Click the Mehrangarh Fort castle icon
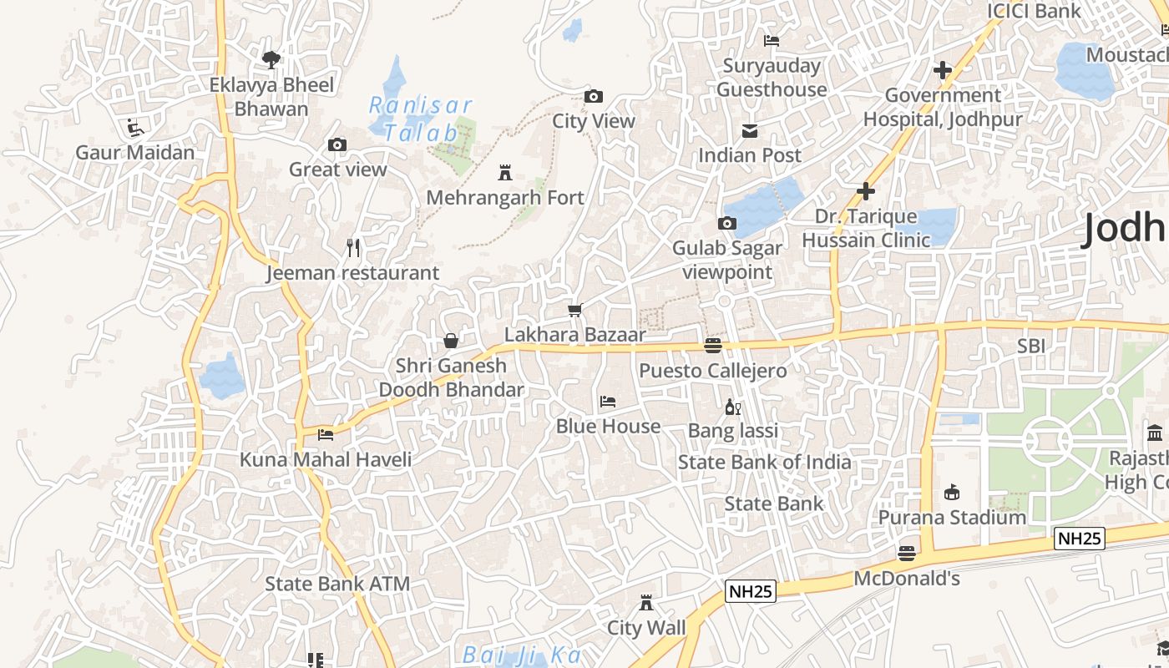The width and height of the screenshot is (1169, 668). [x=504, y=173]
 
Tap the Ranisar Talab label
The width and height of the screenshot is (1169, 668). [x=420, y=119]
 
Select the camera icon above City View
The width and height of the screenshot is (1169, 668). [x=594, y=96]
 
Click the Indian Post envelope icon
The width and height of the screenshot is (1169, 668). [x=749, y=130]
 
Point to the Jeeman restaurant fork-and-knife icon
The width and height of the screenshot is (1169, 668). [x=353, y=248]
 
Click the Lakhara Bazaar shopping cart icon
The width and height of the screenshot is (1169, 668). [x=574, y=311]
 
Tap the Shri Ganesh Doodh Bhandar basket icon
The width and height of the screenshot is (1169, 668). [x=451, y=341]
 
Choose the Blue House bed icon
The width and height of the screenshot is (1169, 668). [x=608, y=402]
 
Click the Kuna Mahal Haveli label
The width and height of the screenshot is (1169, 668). [x=326, y=459]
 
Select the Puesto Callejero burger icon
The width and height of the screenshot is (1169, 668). [x=712, y=345]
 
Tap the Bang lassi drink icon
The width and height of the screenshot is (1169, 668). [x=733, y=407]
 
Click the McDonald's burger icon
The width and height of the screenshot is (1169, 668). [x=906, y=553]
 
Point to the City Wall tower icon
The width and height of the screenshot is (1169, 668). [x=645, y=603]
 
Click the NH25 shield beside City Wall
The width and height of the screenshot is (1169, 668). [x=751, y=591]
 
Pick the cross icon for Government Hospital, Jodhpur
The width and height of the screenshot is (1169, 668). [x=943, y=70]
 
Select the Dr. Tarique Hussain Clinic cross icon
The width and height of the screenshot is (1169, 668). [x=866, y=191]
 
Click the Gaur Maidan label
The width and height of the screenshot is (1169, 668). [x=135, y=152]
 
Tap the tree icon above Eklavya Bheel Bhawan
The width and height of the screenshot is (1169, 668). [x=271, y=59]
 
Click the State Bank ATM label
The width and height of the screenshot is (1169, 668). [x=337, y=583]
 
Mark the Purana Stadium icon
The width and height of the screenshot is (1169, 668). [x=951, y=492]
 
